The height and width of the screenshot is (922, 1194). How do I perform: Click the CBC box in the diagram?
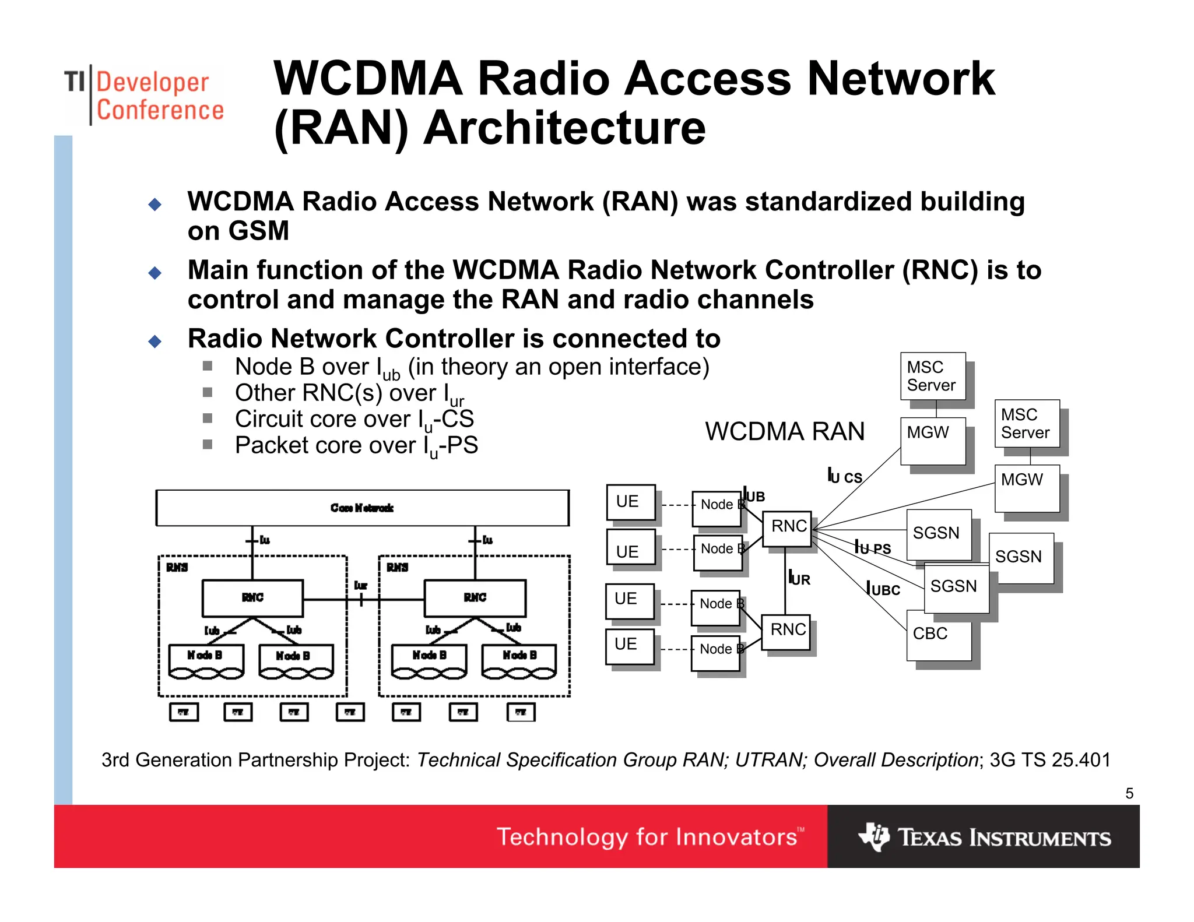pyautogui.click(x=938, y=635)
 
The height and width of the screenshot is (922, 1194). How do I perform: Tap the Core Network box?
pyautogui.click(x=362, y=508)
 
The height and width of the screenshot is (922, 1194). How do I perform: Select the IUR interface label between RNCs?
pyautogui.click(x=799, y=578)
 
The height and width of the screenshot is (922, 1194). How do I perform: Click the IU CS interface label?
pyautogui.click(x=845, y=476)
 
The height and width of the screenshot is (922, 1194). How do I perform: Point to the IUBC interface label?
pyautogui.click(x=883, y=589)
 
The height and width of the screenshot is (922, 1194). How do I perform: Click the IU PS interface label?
pyautogui.click(x=872, y=547)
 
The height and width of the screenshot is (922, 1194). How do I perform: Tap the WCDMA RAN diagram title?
pyautogui.click(x=784, y=432)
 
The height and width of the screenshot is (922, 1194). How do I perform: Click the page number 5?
pyautogui.click(x=1129, y=793)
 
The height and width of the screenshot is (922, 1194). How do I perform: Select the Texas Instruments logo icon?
pyautogui.click(x=873, y=837)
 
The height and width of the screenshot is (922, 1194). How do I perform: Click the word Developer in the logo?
pyautogui.click(x=152, y=82)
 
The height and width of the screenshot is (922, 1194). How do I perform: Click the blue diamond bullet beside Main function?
pyautogui.click(x=155, y=273)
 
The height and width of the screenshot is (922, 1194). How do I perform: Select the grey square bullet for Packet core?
pyautogui.click(x=208, y=445)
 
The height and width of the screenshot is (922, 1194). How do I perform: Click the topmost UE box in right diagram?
pyautogui.click(x=630, y=502)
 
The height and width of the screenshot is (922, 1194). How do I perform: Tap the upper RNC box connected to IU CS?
pyautogui.click(x=787, y=528)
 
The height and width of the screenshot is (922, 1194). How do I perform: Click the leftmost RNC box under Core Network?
pyautogui.click(x=252, y=598)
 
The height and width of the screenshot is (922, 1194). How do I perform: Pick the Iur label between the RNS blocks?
pyautogui.click(x=361, y=585)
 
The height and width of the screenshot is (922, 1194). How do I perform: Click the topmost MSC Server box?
pyautogui.click(x=932, y=376)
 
